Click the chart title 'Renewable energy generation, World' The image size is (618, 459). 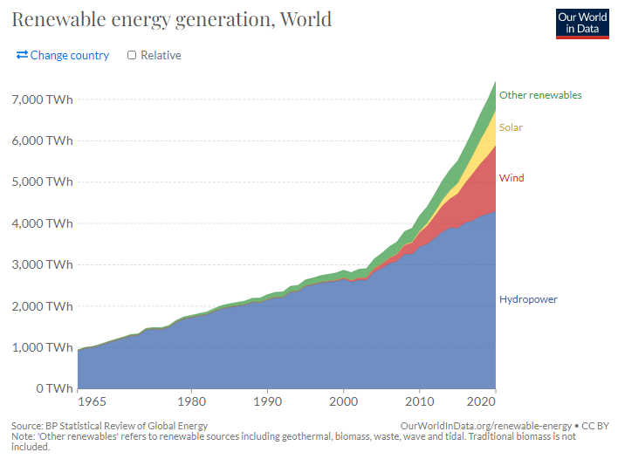coord(171,18)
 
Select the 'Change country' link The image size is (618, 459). coord(63,55)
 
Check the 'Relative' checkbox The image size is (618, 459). coord(132,55)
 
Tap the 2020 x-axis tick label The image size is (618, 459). coord(481,404)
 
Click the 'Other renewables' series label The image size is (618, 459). coord(540,95)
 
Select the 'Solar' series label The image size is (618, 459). coord(511,127)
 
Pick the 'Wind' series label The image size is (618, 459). coord(512,178)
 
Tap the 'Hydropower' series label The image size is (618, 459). coord(528,299)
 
